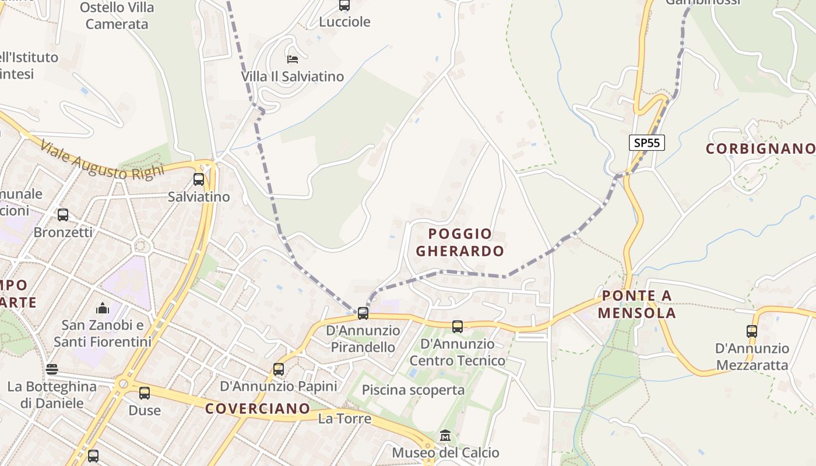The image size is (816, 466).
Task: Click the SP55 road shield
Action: coord(647,143)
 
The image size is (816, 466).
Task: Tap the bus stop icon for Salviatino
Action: coord(199,179)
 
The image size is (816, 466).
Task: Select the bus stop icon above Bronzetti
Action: coord(63,215)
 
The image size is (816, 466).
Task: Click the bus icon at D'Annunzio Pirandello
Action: coord(363,313)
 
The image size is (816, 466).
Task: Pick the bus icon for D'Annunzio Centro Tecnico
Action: coord(458,327)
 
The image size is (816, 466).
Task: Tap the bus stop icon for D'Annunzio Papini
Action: coord(279,369)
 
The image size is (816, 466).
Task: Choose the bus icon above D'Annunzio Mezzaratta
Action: coord(752,331)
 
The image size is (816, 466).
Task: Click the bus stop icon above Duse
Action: coord(145,393)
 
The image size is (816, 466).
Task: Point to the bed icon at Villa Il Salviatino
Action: coord(293,59)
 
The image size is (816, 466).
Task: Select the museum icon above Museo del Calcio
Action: coord(445,436)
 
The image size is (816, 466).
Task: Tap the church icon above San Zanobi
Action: coord(103,308)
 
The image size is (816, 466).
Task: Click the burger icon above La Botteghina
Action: coord(52,369)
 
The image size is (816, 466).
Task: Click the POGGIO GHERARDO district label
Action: coord(460,242)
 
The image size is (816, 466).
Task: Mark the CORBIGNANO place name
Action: coord(760,149)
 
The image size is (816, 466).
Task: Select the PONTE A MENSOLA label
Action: coord(636,305)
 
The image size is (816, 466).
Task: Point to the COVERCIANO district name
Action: coord(257,408)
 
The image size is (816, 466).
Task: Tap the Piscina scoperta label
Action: coord(413,390)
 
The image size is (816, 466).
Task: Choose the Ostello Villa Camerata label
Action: coord(117,16)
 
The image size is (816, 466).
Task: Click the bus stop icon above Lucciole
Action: coord(344,5)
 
